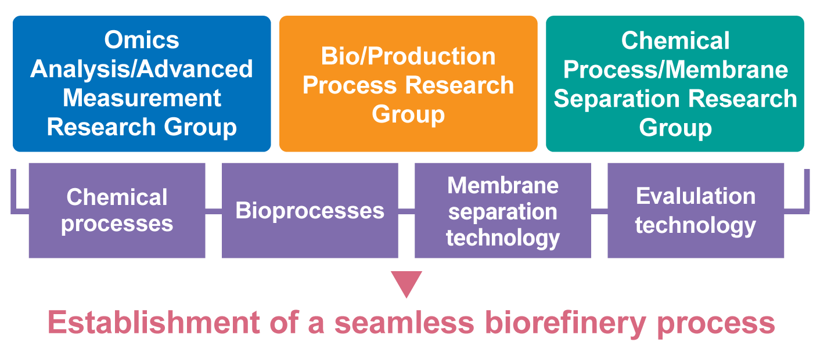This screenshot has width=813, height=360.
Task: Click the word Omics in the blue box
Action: tap(142, 40)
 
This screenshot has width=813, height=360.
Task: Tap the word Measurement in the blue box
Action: tap(142, 98)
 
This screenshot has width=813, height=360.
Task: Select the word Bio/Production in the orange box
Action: tap(408, 56)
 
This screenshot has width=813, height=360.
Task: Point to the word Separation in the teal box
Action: tap(612, 99)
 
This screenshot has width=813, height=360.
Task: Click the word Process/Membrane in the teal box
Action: tap(675, 70)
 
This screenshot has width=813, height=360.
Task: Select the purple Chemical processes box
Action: tap(117, 210)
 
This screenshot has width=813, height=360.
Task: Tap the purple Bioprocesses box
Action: tap(310, 210)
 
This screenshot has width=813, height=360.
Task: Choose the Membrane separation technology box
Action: tap(502, 210)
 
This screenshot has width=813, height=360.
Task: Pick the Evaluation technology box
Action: tap(696, 210)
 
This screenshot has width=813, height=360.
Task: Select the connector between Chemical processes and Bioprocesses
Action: tap(213, 210)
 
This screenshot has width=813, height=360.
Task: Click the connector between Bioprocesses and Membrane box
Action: tap(406, 210)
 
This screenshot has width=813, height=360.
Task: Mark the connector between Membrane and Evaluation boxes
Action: tap(599, 210)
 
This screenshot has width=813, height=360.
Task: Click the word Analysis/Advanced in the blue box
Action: tap(142, 69)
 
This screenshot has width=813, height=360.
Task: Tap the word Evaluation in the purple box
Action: tap(696, 196)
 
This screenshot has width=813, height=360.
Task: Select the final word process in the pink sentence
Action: tap(715, 323)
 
